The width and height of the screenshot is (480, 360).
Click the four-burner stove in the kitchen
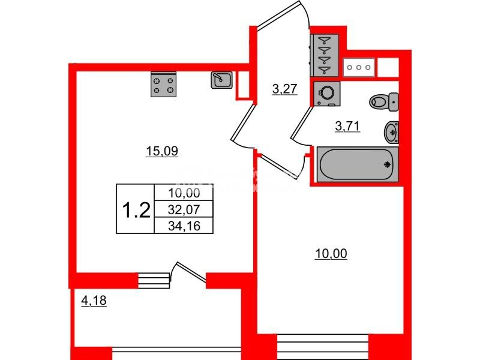(x=163, y=85)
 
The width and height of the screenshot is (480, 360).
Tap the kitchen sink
(x=221, y=80)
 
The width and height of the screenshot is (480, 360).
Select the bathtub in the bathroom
(x=357, y=164)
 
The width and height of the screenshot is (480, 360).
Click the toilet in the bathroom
(x=384, y=102)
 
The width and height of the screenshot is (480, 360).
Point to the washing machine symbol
(x=326, y=94)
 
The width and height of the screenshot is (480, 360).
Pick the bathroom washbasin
(x=392, y=132)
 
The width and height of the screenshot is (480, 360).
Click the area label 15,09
(x=162, y=151)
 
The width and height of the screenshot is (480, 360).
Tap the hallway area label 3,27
(x=284, y=89)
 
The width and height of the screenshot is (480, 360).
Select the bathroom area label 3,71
(x=347, y=126)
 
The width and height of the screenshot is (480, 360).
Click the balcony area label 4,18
(x=94, y=301)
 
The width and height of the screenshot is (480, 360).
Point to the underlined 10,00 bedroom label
(x=331, y=254)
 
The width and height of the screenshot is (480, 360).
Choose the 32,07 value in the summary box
(x=184, y=209)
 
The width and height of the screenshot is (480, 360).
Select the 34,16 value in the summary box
(x=184, y=226)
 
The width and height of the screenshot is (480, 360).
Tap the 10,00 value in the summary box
(x=184, y=193)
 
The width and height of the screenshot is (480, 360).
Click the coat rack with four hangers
(x=325, y=55)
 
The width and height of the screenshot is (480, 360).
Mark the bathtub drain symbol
(x=388, y=164)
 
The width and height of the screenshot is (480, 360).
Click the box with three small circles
(x=359, y=67)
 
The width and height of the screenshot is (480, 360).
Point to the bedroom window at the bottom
(x=323, y=347)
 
